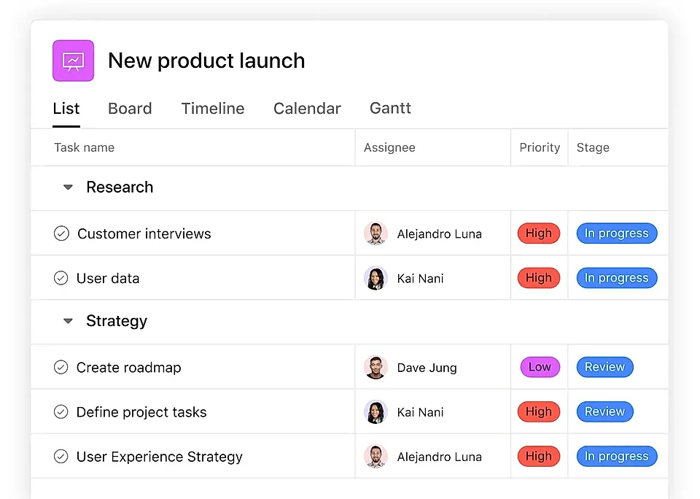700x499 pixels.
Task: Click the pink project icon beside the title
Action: [x=73, y=61]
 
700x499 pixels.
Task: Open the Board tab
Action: [x=130, y=109]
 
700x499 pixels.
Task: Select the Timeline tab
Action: [x=212, y=109]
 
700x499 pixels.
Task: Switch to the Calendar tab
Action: [x=307, y=109]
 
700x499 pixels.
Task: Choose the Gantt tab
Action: [x=390, y=109]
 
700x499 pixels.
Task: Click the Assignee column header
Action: [x=389, y=147]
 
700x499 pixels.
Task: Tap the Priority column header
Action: [x=540, y=147]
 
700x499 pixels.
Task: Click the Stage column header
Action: [x=593, y=147]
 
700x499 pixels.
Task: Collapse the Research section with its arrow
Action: [x=68, y=187]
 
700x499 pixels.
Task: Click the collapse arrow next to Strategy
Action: [x=68, y=321]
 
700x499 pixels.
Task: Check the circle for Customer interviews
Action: [x=61, y=233]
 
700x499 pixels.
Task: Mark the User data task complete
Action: [x=61, y=278]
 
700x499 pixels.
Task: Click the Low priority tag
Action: [x=540, y=367]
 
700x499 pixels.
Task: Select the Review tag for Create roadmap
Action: [x=605, y=367]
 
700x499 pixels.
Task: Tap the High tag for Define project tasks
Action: [x=539, y=411]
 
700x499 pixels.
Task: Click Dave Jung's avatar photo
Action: [x=376, y=367]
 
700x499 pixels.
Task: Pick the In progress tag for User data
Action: [x=617, y=278]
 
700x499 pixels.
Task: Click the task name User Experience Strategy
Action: [x=160, y=457]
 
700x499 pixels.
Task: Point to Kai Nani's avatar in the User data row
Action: [x=376, y=278]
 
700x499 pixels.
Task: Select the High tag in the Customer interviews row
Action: [x=539, y=233]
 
